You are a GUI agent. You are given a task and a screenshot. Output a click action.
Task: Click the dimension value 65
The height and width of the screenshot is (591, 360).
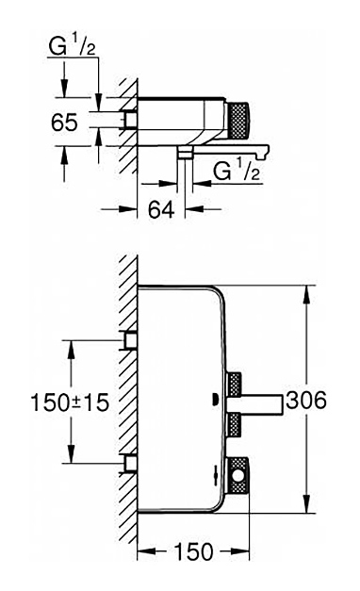coord(64,123)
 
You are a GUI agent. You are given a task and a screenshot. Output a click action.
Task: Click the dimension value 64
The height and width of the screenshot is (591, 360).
coord(161,209)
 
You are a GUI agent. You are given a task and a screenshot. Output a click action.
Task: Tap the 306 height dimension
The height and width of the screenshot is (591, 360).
coord(305,400)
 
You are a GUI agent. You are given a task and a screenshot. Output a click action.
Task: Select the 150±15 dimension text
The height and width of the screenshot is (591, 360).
coord(70,402)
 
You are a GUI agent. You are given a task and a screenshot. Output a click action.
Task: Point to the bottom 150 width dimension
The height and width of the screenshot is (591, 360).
coord(193,551)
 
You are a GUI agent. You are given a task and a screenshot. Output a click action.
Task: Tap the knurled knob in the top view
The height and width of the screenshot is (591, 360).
coord(237,120)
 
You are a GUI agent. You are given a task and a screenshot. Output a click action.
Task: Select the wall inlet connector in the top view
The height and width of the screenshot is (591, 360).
coord(128,120)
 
